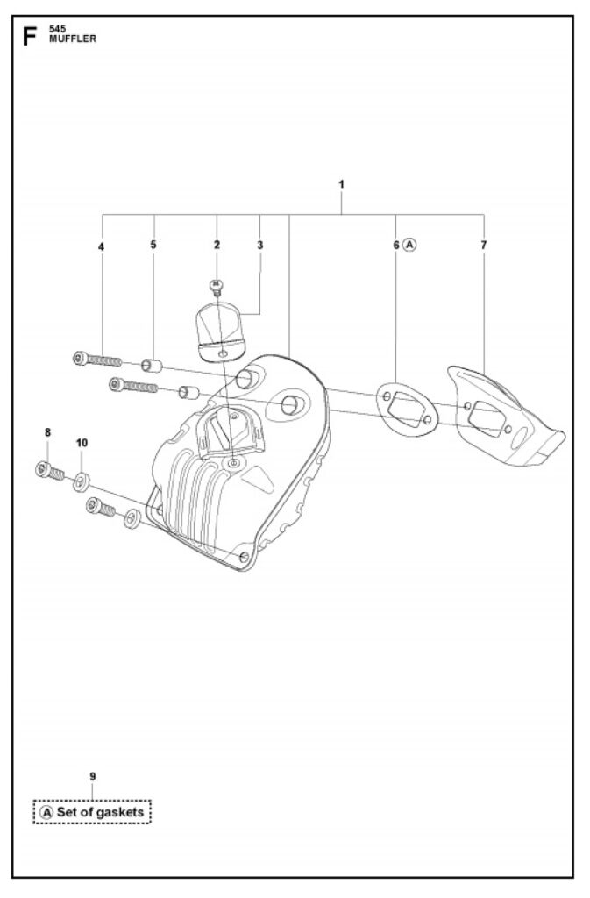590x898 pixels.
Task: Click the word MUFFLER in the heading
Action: click(73, 39)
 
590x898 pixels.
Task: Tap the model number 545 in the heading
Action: click(57, 29)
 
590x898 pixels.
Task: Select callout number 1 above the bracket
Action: click(341, 184)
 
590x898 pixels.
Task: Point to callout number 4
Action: click(102, 246)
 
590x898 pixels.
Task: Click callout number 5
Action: click(153, 245)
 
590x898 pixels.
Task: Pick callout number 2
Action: click(217, 245)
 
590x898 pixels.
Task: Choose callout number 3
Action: click(259, 245)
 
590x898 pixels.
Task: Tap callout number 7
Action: click(484, 245)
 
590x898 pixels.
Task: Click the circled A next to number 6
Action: click(409, 245)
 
